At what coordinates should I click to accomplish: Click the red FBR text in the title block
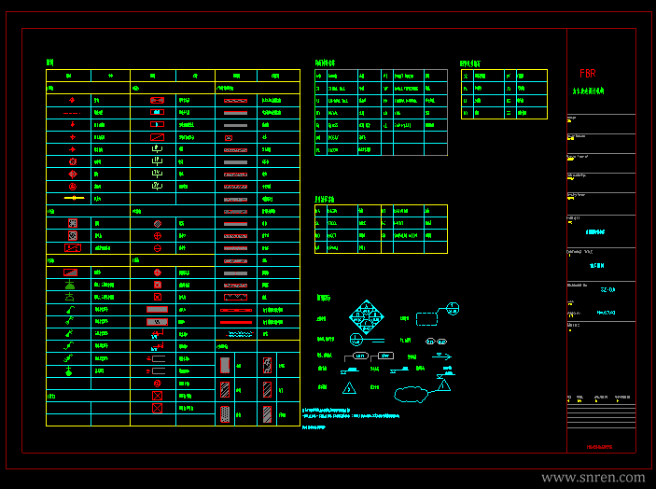point(587,73)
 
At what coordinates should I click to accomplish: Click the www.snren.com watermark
point(593,477)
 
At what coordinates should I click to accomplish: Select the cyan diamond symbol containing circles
point(367,318)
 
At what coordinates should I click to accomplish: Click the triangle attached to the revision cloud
point(443,384)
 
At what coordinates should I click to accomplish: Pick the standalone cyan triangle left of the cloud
point(349,387)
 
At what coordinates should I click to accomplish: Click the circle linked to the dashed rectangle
point(453,308)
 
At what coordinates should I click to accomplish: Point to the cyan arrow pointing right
point(441,356)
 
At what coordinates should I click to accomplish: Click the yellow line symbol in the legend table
point(72,198)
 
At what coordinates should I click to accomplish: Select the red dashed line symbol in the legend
point(72,112)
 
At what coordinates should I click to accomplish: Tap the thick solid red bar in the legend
point(235,322)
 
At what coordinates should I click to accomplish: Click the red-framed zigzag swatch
point(235,297)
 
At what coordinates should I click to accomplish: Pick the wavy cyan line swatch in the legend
point(235,333)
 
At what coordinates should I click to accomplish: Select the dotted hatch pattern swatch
point(224,413)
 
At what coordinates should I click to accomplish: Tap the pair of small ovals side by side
point(437,342)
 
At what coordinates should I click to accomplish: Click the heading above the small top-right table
point(476,63)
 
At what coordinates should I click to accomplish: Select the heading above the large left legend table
point(50,63)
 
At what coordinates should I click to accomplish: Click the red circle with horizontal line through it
point(158,247)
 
